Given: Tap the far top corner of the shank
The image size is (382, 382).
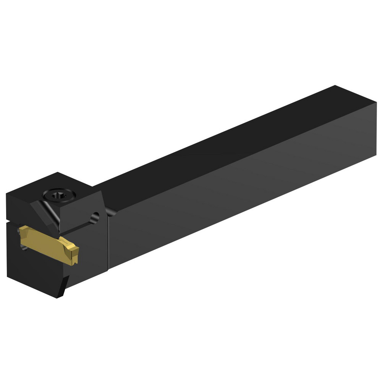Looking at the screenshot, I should (335, 86).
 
